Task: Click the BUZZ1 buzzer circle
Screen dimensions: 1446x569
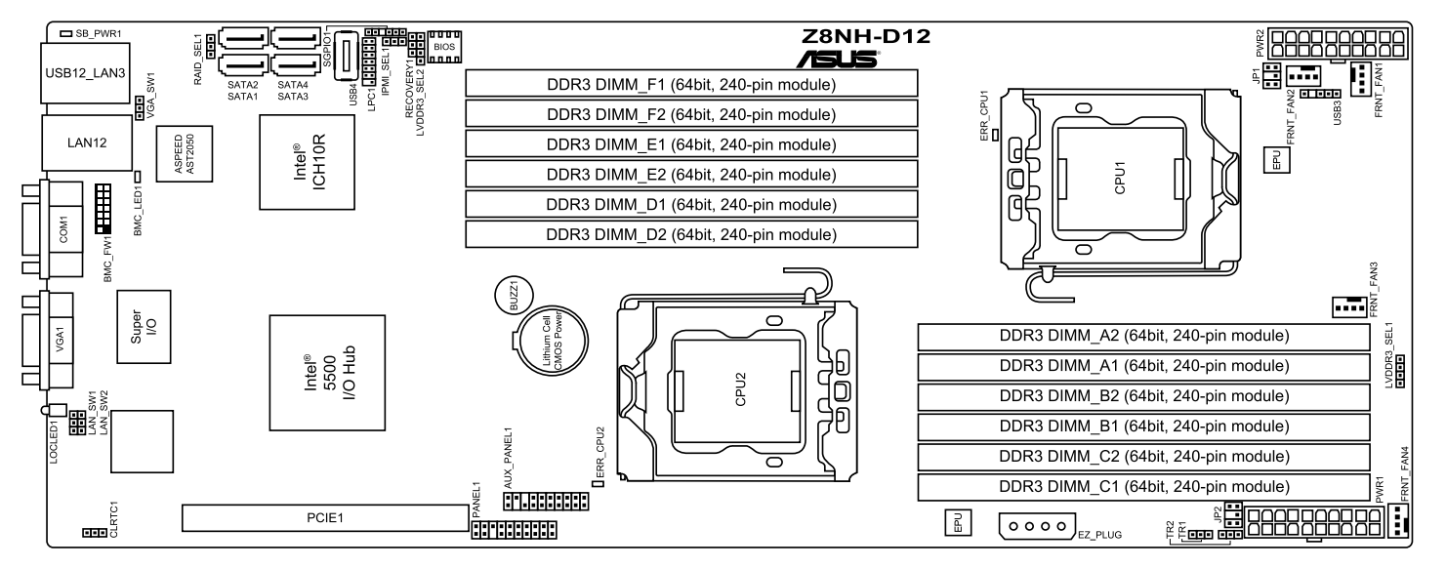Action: pyautogui.click(x=514, y=296)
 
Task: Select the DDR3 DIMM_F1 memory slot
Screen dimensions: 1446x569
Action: pyautogui.click(x=691, y=84)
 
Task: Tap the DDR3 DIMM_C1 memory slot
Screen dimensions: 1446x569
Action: pyautogui.click(x=1144, y=486)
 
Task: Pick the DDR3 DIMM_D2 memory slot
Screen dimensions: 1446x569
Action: pyautogui.click(x=691, y=234)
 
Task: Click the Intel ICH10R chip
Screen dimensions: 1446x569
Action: pyautogui.click(x=308, y=163)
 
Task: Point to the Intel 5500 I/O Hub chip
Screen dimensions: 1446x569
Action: pyautogui.click(x=327, y=373)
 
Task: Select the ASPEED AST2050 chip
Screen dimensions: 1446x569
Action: pyautogui.click(x=185, y=153)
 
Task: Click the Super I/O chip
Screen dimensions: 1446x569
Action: pyautogui.click(x=144, y=326)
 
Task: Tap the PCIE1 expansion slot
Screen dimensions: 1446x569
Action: pyautogui.click(x=325, y=518)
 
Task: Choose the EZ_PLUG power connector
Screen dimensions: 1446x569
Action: pyautogui.click(x=1037, y=526)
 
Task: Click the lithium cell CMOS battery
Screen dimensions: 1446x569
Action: pyautogui.click(x=554, y=342)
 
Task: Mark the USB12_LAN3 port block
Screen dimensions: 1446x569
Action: pyautogui.click(x=85, y=73)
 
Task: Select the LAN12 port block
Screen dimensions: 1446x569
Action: pyautogui.click(x=87, y=142)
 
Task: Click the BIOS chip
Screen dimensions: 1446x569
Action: pyautogui.click(x=444, y=47)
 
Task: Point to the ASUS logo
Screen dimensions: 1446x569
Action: pyautogui.click(x=838, y=59)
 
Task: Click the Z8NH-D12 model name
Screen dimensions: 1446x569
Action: pyautogui.click(x=866, y=36)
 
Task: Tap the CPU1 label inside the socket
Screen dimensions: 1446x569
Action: pyautogui.click(x=1120, y=178)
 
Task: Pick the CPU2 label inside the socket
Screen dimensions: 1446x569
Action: pyautogui.click(x=740, y=389)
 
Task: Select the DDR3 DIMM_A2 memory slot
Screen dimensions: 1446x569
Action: pyautogui.click(x=1144, y=336)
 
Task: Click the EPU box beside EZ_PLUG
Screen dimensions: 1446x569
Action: pyautogui.click(x=958, y=522)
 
